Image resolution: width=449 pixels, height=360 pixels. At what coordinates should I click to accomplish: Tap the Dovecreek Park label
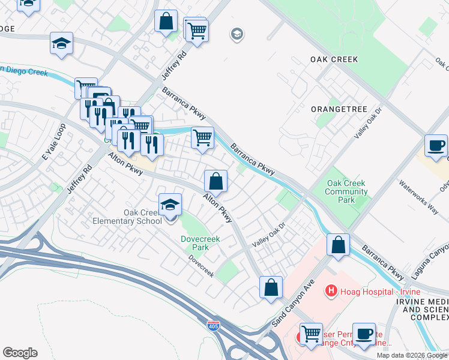click(200, 243)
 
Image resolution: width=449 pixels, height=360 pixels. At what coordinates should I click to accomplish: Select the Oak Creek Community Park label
click(346, 192)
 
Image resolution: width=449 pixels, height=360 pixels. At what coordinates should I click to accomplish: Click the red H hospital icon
click(330, 292)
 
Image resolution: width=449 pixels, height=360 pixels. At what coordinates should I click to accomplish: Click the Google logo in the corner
click(20, 353)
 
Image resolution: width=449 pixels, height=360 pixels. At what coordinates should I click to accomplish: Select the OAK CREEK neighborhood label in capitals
click(334, 59)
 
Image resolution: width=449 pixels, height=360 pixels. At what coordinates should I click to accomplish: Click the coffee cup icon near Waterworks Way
click(436, 145)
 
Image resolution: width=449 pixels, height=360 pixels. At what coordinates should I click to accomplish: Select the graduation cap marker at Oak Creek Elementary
click(170, 205)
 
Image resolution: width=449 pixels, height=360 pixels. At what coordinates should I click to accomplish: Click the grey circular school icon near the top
click(237, 34)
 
